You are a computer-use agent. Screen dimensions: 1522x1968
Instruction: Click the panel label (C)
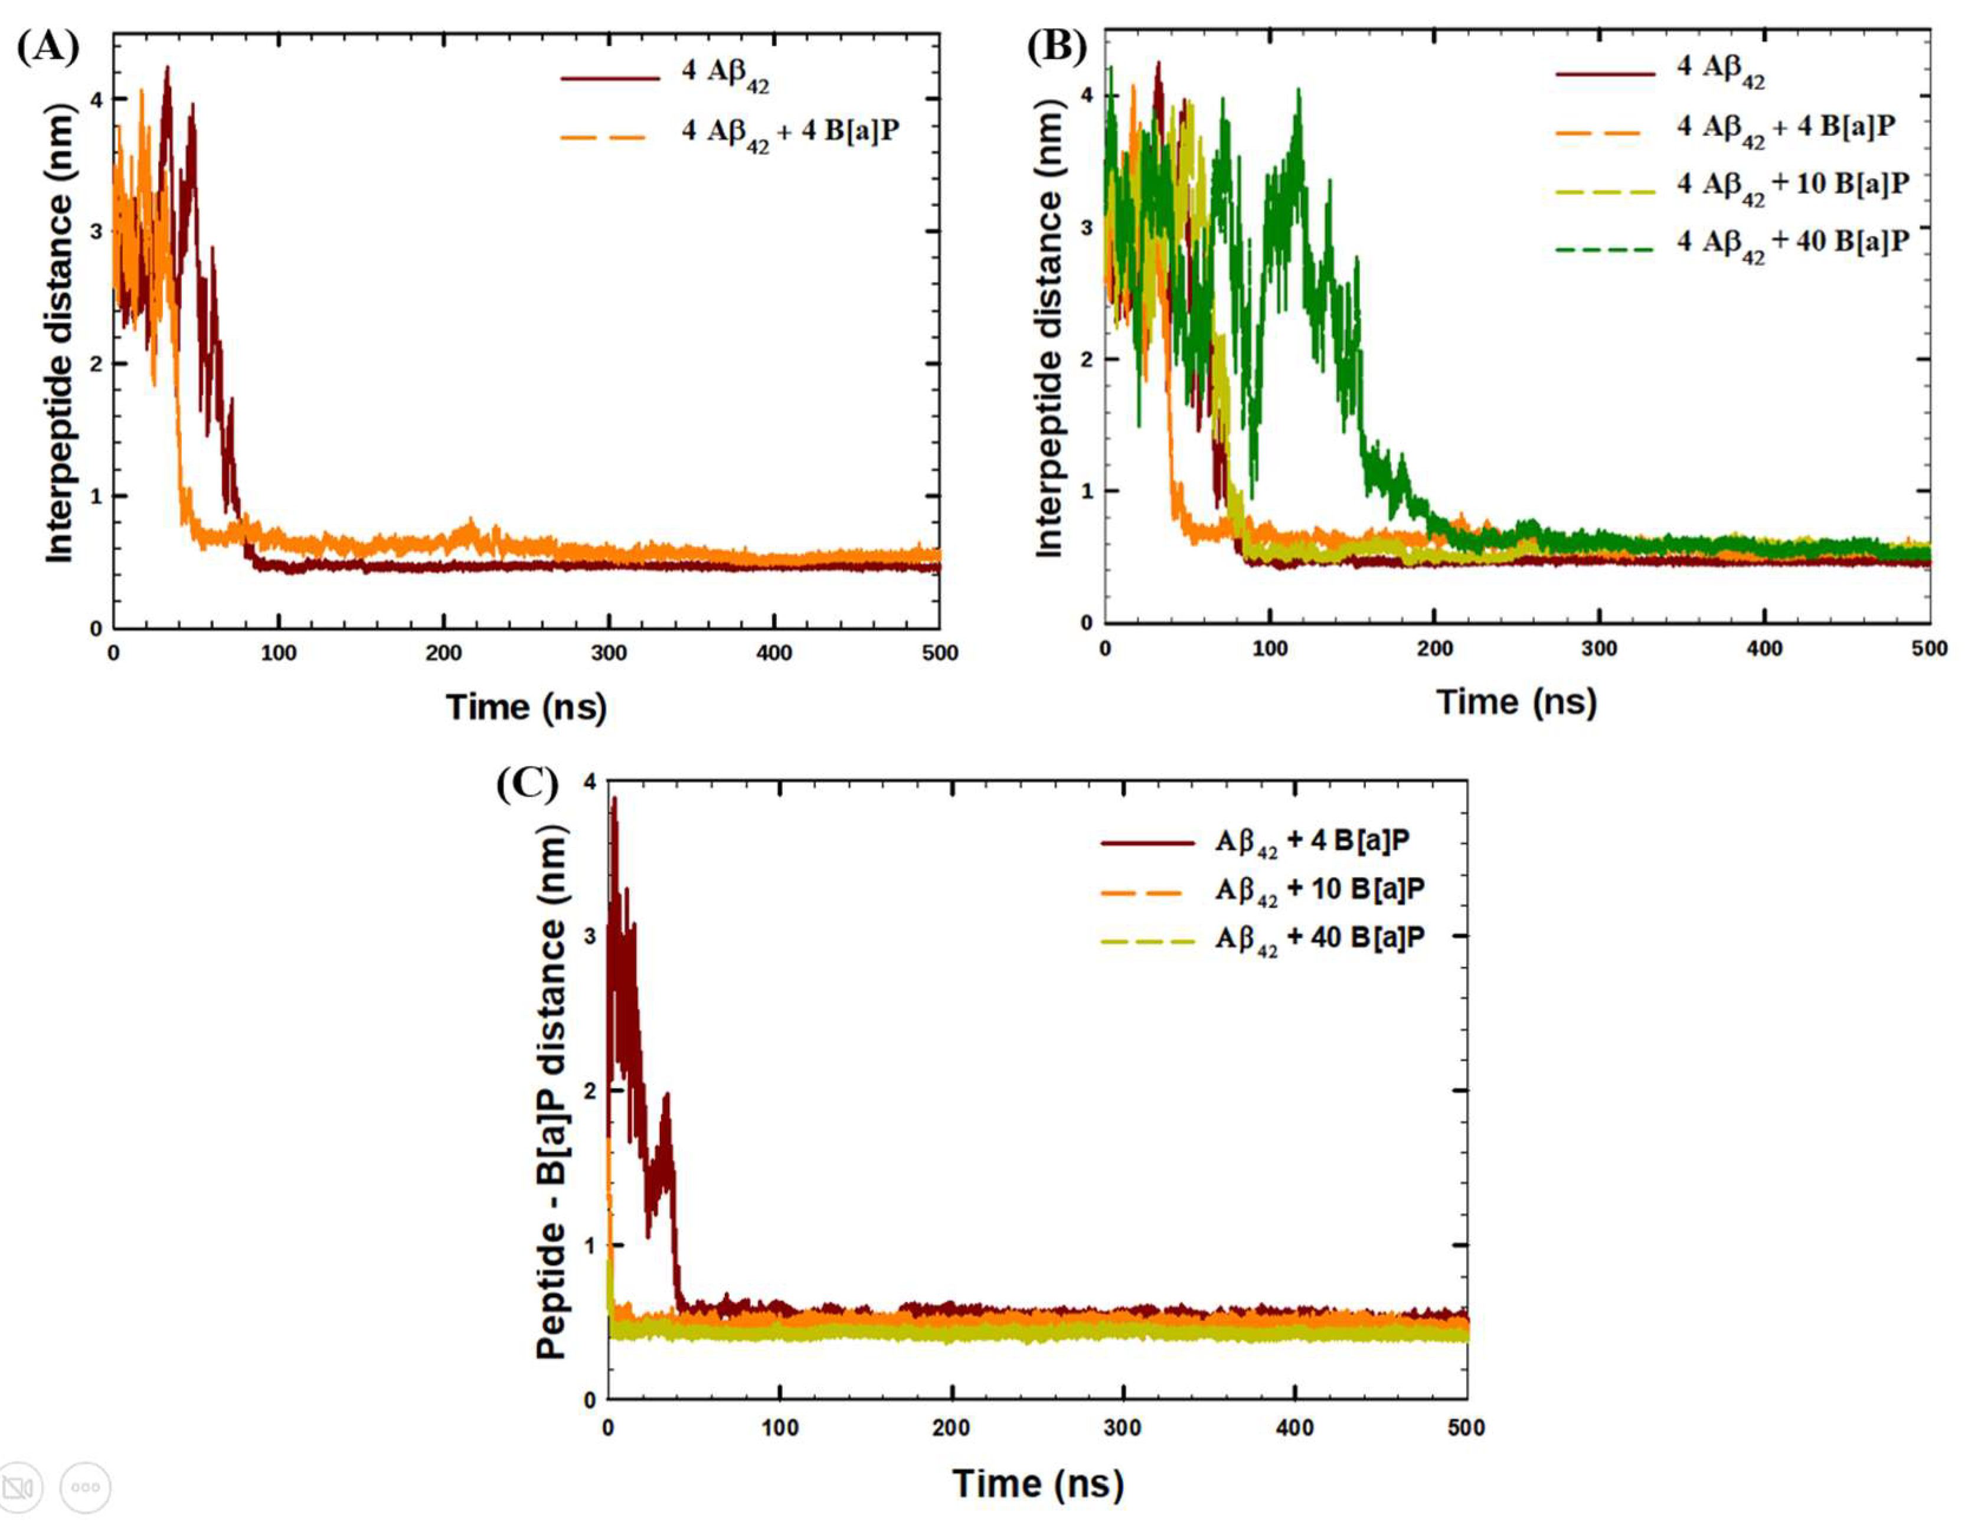click(527, 783)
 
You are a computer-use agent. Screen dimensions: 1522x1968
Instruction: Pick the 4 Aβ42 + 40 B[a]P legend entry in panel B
click(1792, 243)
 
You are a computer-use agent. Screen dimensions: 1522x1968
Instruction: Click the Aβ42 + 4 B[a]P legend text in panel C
click(1312, 841)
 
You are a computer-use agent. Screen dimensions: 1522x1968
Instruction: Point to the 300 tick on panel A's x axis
click(609, 653)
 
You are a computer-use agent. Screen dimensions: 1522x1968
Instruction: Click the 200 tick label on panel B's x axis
click(1434, 648)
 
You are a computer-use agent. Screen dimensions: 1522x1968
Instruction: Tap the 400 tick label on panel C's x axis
click(1295, 1428)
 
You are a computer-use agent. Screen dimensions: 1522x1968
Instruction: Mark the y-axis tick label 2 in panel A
click(96, 363)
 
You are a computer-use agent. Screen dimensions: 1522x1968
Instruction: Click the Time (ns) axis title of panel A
click(527, 706)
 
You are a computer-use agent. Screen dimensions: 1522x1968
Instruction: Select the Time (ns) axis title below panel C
click(1038, 1483)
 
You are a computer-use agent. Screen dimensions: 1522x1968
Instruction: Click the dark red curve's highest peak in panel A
click(166, 68)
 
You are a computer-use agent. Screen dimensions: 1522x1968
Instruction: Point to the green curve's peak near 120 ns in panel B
click(1297, 90)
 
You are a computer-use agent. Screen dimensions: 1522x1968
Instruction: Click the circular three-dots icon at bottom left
click(86, 1487)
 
